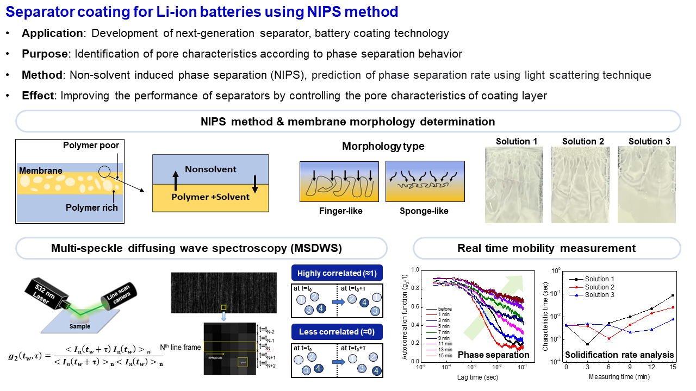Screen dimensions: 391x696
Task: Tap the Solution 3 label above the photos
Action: click(x=649, y=141)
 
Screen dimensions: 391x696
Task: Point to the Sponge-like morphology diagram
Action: click(x=425, y=181)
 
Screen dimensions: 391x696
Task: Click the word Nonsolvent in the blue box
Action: click(x=211, y=169)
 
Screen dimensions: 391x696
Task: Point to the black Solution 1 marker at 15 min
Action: click(x=673, y=295)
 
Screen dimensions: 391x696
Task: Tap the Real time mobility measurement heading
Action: click(x=546, y=248)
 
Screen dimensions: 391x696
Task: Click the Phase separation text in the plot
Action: click(x=493, y=355)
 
